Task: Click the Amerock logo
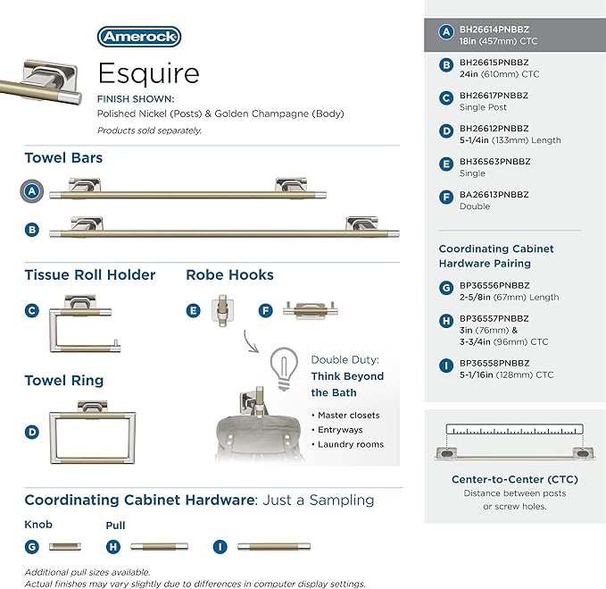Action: point(139,37)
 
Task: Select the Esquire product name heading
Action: point(149,73)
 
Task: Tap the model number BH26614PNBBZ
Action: point(494,29)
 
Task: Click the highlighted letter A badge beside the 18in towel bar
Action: point(32,191)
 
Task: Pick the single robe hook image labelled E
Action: point(222,310)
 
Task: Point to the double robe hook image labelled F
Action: point(311,310)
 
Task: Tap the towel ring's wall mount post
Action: point(92,407)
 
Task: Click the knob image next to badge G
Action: point(65,547)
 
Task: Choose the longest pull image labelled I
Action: point(274,546)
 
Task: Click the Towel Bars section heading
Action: point(63,158)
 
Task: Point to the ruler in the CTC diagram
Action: point(514,429)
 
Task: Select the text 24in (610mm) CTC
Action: point(499,74)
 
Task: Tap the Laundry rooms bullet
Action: point(347,444)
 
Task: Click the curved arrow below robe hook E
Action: point(250,341)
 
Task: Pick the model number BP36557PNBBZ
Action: point(494,318)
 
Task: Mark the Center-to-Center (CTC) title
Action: point(515,479)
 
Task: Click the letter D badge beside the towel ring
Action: point(32,432)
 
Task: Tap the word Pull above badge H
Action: point(115,526)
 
